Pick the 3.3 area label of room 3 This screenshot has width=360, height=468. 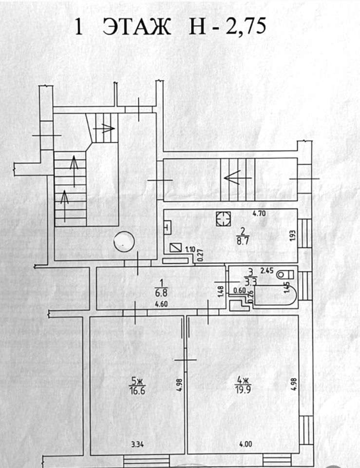pyautogui.click(x=250, y=281)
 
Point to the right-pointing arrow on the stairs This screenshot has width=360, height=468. pyautogui.click(x=104, y=129)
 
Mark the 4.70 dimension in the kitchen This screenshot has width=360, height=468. pyautogui.click(x=259, y=213)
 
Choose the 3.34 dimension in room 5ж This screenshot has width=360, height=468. pyautogui.click(x=137, y=444)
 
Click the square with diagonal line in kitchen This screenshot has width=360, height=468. pyautogui.click(x=174, y=247)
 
